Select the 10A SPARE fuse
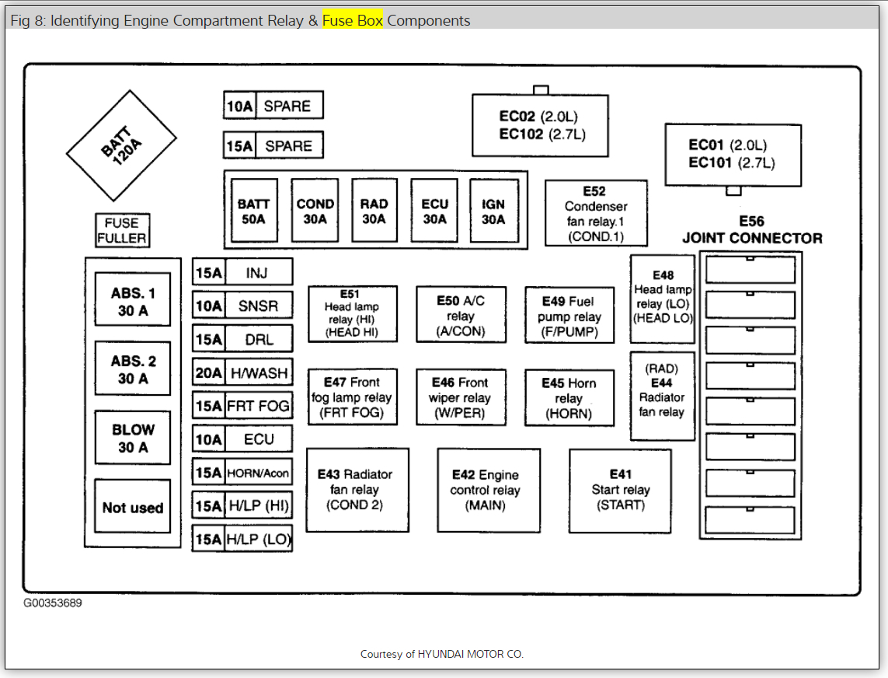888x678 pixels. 273,106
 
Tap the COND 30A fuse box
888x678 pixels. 315,211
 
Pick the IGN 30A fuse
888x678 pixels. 493,211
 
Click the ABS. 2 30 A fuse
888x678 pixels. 133,369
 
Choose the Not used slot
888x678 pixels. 133,508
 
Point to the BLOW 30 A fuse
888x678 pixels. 133,438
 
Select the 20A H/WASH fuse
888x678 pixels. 242,373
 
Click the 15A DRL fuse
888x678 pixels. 242,340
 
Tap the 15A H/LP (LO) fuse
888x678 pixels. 242,540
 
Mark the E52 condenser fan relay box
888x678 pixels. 596,213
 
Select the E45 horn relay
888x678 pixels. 569,398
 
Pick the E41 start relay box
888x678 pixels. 620,490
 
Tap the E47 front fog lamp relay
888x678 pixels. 352,397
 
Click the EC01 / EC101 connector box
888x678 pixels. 732,154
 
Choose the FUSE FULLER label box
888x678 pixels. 122,231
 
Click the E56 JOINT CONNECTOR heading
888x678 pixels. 751,231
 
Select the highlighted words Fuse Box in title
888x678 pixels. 353,20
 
